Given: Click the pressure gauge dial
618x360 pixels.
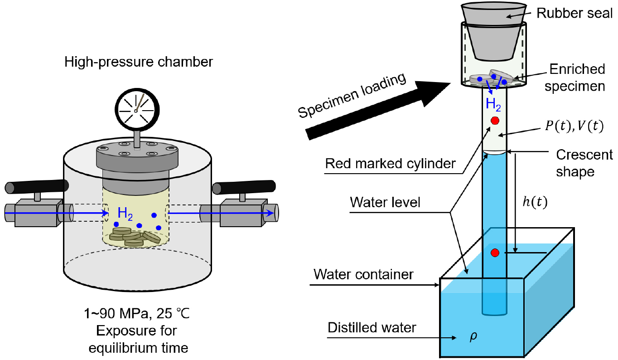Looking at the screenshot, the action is (x=137, y=110).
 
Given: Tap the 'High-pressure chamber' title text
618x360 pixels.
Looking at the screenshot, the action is (x=139, y=62).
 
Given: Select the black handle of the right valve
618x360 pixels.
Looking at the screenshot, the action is (x=244, y=187).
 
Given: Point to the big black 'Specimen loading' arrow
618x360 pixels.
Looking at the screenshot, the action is (x=378, y=111).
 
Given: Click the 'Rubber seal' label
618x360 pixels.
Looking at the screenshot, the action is (x=575, y=13).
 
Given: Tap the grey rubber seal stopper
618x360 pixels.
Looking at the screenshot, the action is (x=493, y=31).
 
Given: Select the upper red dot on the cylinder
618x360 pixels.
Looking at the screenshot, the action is (x=495, y=121).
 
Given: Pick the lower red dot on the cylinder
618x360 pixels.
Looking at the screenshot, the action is (x=495, y=253).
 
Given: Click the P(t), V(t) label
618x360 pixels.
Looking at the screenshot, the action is (x=575, y=126).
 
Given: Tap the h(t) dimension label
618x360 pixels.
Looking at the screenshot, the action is (x=535, y=202).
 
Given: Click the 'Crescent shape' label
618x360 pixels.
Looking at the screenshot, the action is (x=584, y=163).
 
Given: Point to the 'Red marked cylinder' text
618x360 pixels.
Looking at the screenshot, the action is (x=390, y=163).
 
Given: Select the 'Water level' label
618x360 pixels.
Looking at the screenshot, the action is (x=385, y=202).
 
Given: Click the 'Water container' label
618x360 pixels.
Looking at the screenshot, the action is (x=363, y=274).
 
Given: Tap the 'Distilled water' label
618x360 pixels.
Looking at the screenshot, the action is (x=372, y=328).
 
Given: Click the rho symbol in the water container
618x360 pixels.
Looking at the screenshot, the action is (x=473, y=337).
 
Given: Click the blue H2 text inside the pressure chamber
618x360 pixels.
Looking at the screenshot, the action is (x=125, y=214).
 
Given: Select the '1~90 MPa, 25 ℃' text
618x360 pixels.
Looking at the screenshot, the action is (x=137, y=314).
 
